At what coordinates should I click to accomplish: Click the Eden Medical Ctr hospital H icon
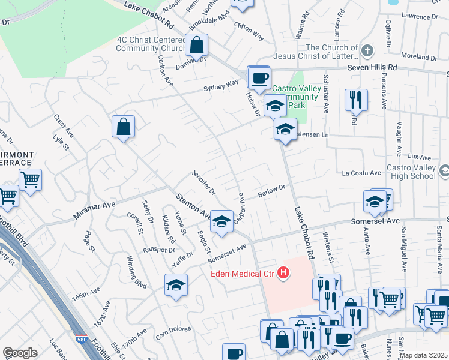pyautogui.click(x=283, y=274)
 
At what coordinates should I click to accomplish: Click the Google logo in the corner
pyautogui.click(x=20, y=352)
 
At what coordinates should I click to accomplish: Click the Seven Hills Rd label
pyautogui.click(x=373, y=68)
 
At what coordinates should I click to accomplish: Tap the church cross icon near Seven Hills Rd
pyautogui.click(x=367, y=49)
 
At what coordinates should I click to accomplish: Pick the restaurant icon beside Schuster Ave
pyautogui.click(x=356, y=100)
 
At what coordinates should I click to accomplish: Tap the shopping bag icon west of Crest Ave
pyautogui.click(x=123, y=127)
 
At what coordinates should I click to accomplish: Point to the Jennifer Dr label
pyautogui.click(x=203, y=183)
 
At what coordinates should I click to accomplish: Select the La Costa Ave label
pyautogui.click(x=362, y=173)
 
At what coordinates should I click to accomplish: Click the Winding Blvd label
pyautogui.click(x=137, y=271)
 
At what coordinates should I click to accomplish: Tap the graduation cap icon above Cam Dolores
pyautogui.click(x=176, y=285)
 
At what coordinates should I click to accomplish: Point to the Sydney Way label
pyautogui.click(x=220, y=86)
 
